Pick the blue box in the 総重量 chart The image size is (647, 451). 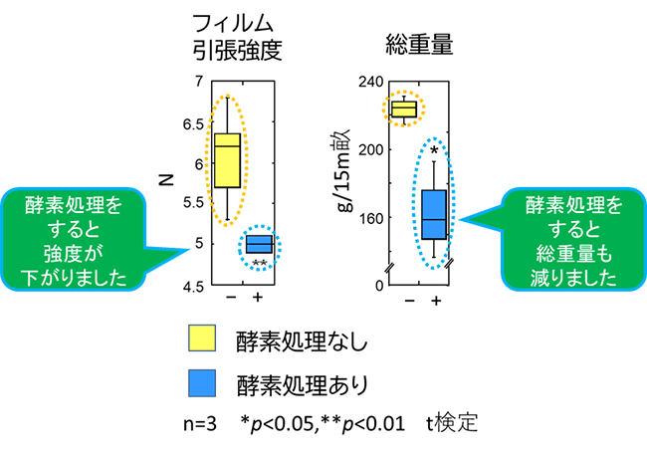434,213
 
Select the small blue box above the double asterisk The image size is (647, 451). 259,245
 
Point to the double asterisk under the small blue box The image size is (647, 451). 259,263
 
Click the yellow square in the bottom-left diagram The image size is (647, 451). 202,338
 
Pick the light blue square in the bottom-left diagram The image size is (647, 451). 202,383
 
